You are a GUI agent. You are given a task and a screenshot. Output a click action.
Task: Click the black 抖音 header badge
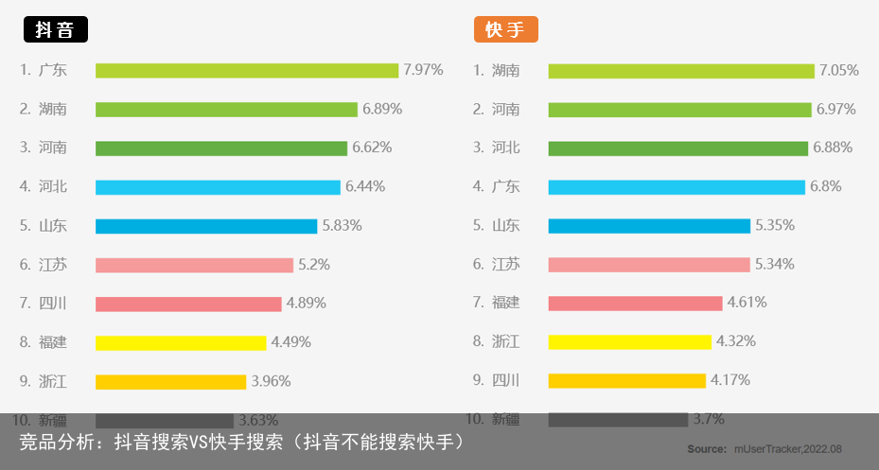click(x=55, y=29)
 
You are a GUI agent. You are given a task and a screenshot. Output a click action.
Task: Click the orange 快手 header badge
click(x=505, y=29)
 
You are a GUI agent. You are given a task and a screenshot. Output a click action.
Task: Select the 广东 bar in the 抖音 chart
click(x=246, y=71)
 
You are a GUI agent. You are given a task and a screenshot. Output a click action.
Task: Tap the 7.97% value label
click(x=423, y=70)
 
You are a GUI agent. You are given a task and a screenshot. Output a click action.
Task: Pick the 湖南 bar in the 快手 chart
click(x=680, y=71)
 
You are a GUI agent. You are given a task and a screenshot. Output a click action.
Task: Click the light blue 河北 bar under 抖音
click(x=218, y=187)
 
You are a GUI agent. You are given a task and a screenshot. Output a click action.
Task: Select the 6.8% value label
click(x=825, y=186)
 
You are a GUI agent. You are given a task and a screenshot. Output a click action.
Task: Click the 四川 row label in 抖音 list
click(x=53, y=304)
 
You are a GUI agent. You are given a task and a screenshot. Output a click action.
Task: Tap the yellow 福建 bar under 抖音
click(x=181, y=342)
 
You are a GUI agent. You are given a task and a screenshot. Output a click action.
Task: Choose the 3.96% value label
click(x=271, y=381)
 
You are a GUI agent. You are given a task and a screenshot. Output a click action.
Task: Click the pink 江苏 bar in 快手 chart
click(x=648, y=265)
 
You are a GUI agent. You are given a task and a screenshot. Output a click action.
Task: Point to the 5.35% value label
click(x=774, y=225)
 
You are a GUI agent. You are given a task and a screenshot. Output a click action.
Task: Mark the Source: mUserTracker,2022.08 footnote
click(x=764, y=448)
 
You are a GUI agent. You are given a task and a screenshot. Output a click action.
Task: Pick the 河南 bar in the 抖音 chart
click(x=221, y=148)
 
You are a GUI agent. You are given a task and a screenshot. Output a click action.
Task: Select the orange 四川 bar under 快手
click(x=626, y=381)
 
